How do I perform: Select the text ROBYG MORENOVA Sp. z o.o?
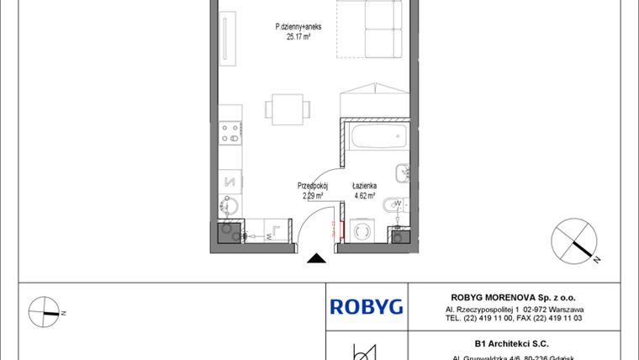[513, 297]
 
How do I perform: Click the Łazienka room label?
[364, 187]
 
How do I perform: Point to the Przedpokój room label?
[312, 187]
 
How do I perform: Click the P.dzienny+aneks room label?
[298, 27]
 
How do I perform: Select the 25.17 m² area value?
[298, 36]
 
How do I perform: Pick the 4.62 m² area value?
[364, 196]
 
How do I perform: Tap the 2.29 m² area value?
[313, 196]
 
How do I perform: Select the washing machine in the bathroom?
[365, 231]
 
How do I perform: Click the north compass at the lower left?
[45, 312]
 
